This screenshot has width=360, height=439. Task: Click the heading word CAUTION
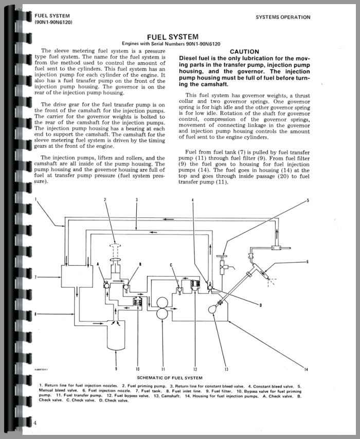coord(244,51)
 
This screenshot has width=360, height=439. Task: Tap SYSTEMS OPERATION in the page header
coord(283,17)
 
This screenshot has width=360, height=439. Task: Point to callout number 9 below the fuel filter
coord(116,369)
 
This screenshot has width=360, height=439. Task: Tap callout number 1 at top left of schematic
coord(36,198)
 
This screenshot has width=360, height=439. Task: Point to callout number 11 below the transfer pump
coord(163,369)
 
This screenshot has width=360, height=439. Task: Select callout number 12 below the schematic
coord(195,369)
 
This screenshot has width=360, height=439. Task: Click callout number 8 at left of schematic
coord(35,313)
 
